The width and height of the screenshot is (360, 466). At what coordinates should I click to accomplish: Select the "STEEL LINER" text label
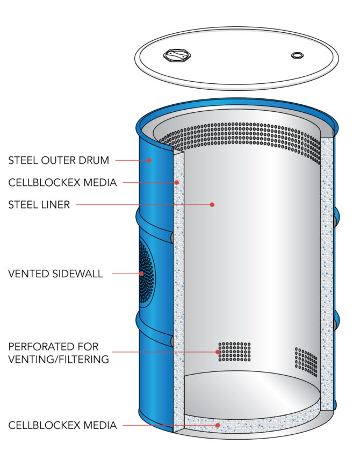point(39,205)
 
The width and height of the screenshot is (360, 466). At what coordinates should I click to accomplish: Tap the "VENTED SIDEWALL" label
point(55,274)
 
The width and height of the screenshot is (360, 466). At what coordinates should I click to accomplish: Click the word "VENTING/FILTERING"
point(59,359)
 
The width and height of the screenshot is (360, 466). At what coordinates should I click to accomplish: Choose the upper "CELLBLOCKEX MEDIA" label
point(62,183)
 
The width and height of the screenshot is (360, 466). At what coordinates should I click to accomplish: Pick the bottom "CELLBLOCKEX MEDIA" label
point(62,426)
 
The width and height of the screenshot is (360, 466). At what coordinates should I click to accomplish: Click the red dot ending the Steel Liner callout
point(212,205)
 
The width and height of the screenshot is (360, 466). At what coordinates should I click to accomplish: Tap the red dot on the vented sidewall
point(141,274)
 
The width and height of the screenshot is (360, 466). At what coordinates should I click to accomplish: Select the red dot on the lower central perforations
point(218,352)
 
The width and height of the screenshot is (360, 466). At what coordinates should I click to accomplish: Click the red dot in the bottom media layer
point(218,425)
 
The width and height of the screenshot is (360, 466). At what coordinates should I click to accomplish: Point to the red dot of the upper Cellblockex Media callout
point(176,183)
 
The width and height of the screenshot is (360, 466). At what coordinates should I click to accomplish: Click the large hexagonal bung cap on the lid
point(176,55)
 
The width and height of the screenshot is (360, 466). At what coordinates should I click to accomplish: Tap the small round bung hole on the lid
point(297,55)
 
